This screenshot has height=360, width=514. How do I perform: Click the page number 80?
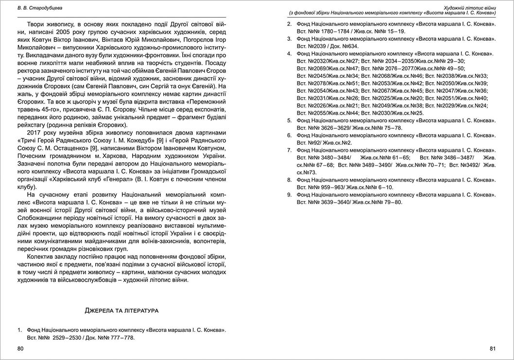click(19, 348)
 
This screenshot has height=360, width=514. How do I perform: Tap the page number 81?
click(492, 348)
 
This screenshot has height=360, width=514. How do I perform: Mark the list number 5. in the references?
click(290, 120)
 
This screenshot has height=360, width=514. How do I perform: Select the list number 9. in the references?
click(290, 195)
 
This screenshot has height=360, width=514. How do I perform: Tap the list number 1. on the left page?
click(20, 330)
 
